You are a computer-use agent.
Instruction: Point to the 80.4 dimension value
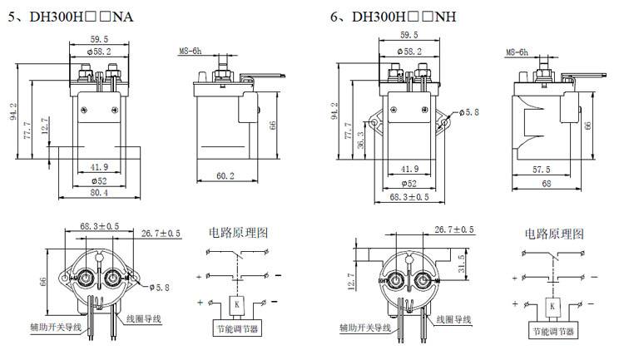[99, 193]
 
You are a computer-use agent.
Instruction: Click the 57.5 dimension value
[542, 169]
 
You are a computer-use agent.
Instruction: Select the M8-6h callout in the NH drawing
[517, 52]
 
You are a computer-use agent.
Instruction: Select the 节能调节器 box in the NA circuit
[237, 331]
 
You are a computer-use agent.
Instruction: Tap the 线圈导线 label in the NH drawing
[453, 319]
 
